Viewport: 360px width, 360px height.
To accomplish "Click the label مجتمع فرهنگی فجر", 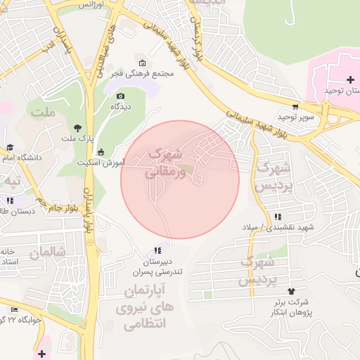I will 143,73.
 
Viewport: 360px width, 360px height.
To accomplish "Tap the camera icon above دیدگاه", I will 120,96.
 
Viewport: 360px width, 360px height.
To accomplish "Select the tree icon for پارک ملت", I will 77,128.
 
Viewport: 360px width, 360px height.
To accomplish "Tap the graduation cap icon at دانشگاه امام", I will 11,148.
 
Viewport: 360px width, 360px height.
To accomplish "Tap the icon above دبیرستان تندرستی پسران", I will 157,250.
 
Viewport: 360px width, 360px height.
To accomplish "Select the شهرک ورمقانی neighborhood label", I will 167,162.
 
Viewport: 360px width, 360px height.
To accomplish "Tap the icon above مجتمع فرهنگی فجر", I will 143,63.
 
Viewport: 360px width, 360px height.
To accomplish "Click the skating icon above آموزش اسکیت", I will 101,152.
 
